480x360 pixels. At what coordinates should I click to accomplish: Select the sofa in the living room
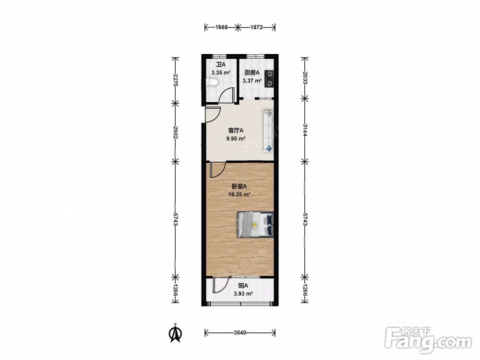click(267, 132)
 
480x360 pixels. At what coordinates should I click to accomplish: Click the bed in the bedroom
click(255, 224)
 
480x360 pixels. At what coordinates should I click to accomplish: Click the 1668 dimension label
click(221, 27)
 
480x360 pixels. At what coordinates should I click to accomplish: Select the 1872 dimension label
click(256, 27)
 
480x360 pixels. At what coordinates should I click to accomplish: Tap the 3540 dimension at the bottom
click(240, 333)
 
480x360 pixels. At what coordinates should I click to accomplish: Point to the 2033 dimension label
click(305, 78)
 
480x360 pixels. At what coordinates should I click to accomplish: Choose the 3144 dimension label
click(305, 130)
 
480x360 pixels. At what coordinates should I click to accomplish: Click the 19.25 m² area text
click(240, 194)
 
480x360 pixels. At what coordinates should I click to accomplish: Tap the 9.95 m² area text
click(236, 138)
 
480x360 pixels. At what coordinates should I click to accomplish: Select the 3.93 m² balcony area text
click(243, 294)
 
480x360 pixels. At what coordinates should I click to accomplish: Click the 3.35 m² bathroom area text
click(221, 73)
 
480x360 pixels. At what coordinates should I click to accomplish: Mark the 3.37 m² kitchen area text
click(252, 81)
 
